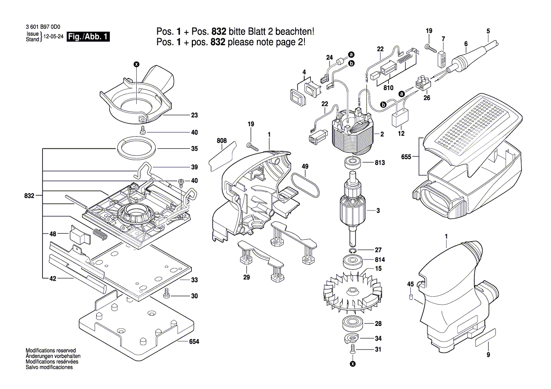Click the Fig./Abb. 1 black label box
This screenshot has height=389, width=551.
pyautogui.click(x=88, y=37)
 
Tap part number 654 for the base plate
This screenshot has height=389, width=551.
pyautogui.click(x=194, y=341)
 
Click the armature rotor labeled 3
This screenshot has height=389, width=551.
pyautogui.click(x=353, y=210)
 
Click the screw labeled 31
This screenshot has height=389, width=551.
pyautogui.click(x=353, y=349)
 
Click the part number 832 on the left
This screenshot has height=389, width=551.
pyautogui.click(x=30, y=195)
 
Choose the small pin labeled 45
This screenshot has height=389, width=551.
pyautogui.click(x=410, y=297)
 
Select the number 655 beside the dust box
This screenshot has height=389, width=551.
pyautogui.click(x=406, y=157)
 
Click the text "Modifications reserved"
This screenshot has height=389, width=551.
pyautogui.click(x=51, y=350)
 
